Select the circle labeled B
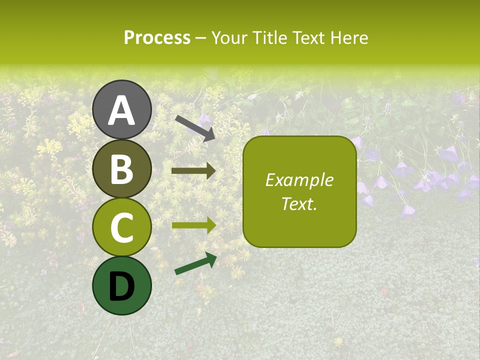[x=122, y=169]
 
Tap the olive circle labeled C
[x=122, y=227]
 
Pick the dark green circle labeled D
[x=122, y=285]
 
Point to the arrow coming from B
[x=193, y=171]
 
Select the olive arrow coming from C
[x=194, y=225]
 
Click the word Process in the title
[x=157, y=38]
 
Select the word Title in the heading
[x=268, y=38]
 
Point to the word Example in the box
[x=299, y=180]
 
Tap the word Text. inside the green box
[x=299, y=203]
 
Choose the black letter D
[x=122, y=285]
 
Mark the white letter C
[x=122, y=227]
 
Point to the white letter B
[x=122, y=169]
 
